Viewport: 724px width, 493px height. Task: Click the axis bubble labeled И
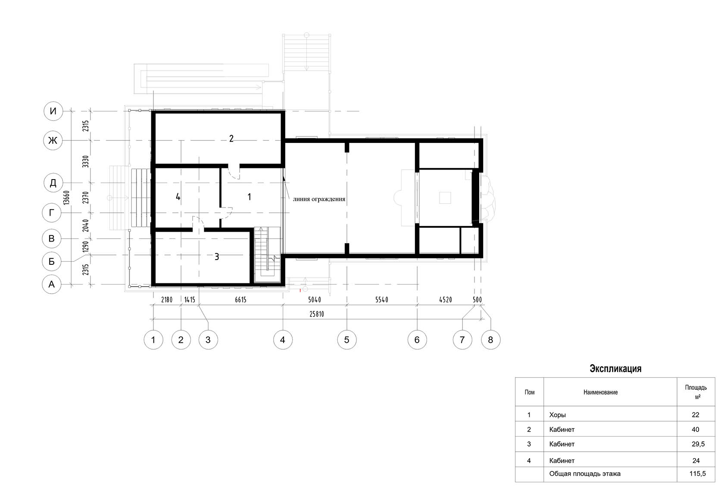[53, 111]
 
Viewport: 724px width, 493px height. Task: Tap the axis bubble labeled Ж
[53, 140]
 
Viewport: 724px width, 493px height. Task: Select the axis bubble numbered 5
[347, 340]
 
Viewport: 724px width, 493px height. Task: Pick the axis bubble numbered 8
[490, 340]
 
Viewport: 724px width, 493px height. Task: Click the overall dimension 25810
[316, 314]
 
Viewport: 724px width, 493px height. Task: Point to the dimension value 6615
[240, 300]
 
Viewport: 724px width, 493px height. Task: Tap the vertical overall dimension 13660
[66, 198]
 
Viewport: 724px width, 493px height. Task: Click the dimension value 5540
[381, 300]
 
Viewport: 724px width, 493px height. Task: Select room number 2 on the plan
[231, 139]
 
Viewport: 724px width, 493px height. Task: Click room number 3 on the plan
[216, 257]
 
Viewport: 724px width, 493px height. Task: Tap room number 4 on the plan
[178, 197]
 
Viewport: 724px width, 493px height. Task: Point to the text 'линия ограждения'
[319, 199]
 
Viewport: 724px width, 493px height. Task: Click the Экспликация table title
[615, 369]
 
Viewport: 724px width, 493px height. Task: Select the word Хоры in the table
[558, 415]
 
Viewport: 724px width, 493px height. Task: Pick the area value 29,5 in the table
[698, 444]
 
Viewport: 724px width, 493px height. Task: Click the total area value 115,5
[697, 474]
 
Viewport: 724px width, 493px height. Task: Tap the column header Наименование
[601, 392]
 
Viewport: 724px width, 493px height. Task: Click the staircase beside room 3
[267, 255]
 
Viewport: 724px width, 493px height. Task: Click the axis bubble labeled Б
[52, 261]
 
